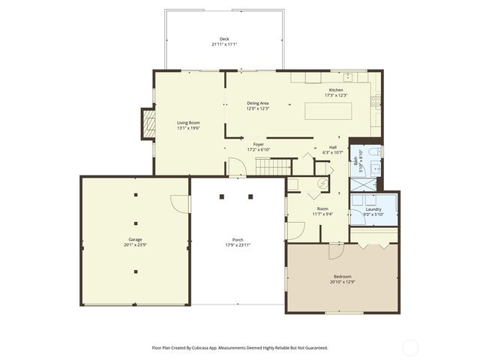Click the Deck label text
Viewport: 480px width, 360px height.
pos(224,39)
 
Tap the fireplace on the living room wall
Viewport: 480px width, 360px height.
pos(146,123)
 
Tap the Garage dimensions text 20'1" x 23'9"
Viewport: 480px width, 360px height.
pos(135,244)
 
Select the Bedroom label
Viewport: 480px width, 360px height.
pos(341,277)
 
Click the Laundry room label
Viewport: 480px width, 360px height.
pos(373,209)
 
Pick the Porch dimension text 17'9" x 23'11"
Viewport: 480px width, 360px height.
pos(237,244)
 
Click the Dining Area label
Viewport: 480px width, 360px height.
pos(258,103)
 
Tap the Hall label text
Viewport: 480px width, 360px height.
pos(331,147)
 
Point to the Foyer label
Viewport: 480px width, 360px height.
pos(258,144)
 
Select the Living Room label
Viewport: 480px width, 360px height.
pos(188,122)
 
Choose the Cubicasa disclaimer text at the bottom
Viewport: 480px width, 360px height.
pos(240,347)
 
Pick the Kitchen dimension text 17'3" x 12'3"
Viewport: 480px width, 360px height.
pos(335,95)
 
